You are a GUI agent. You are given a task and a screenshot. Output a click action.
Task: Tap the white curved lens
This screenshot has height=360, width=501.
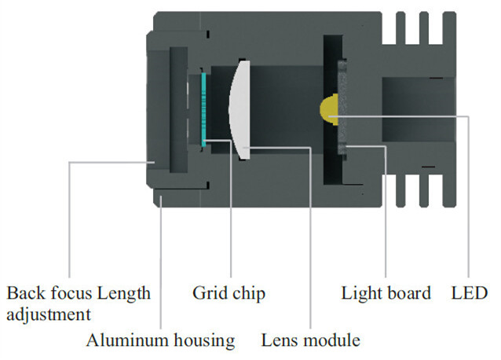coord(240,109)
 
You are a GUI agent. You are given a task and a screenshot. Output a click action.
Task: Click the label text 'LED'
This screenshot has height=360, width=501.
coord(469,293)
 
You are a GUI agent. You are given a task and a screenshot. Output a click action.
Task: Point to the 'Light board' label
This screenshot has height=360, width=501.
coord(386,293)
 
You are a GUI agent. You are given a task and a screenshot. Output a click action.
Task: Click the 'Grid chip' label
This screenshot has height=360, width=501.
coord(229,293)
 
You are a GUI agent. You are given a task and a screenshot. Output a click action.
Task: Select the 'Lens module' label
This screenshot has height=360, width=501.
coord(311,340)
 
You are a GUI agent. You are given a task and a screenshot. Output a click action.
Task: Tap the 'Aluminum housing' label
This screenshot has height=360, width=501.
coord(160,340)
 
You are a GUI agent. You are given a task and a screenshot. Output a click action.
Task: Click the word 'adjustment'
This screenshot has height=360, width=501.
coord(49,314)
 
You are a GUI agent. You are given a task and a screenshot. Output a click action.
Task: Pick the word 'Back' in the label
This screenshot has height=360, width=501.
coord(24,293)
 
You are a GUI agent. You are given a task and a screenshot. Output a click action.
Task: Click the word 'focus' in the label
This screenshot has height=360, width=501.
coord(69,293)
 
